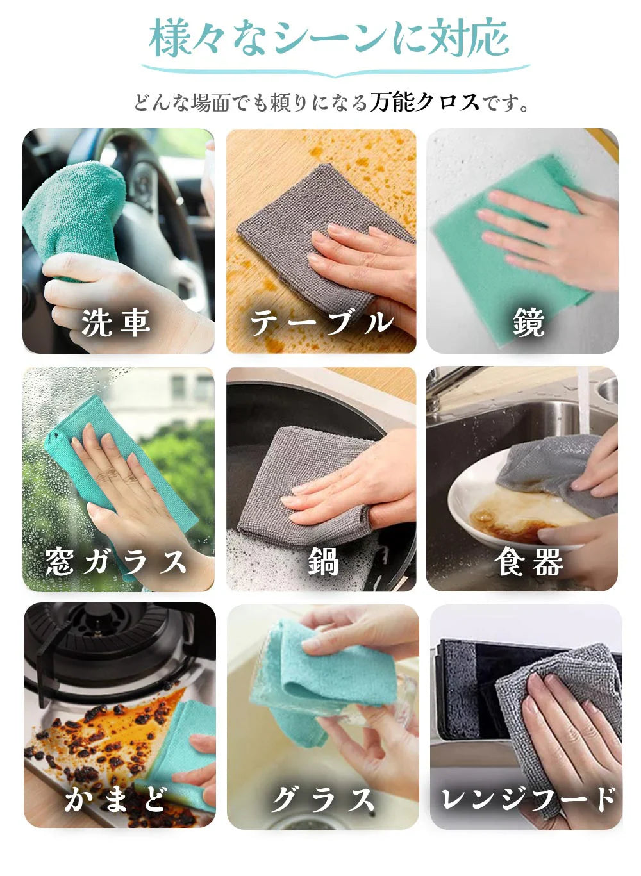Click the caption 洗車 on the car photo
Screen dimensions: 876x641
[116, 322]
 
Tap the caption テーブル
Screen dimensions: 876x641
[320, 322]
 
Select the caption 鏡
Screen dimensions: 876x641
[528, 322]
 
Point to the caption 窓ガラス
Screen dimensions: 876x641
[116, 561]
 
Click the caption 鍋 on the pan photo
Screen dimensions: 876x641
[322, 561]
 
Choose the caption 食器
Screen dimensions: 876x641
[528, 561]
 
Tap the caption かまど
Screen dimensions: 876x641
[116, 799]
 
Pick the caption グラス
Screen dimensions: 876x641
[322, 799]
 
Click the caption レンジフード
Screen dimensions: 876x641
[528, 799]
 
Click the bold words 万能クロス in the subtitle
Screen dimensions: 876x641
[424, 102]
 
